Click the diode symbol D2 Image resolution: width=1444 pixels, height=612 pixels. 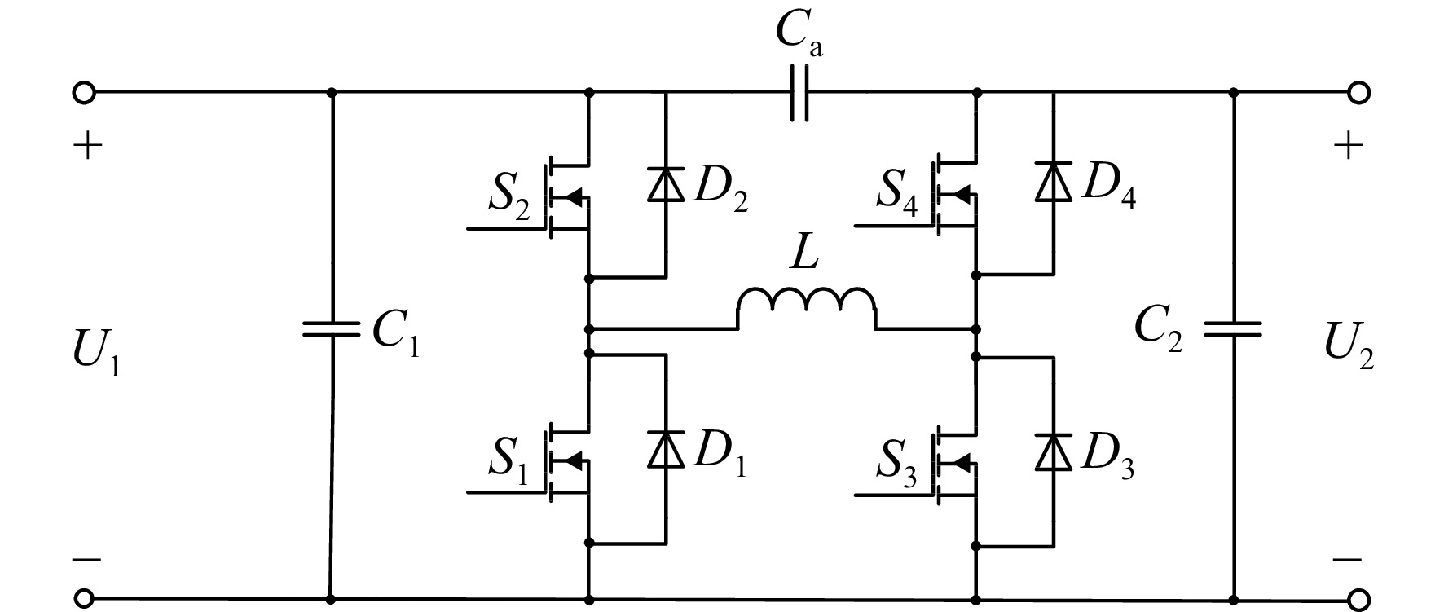667,183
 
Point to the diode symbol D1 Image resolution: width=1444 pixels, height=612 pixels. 667,449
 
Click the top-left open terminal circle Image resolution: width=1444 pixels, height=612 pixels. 85,92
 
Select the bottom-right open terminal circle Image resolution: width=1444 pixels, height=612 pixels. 1358,601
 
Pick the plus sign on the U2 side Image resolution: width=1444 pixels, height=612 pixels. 1348,146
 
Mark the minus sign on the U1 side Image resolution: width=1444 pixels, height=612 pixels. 86,560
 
